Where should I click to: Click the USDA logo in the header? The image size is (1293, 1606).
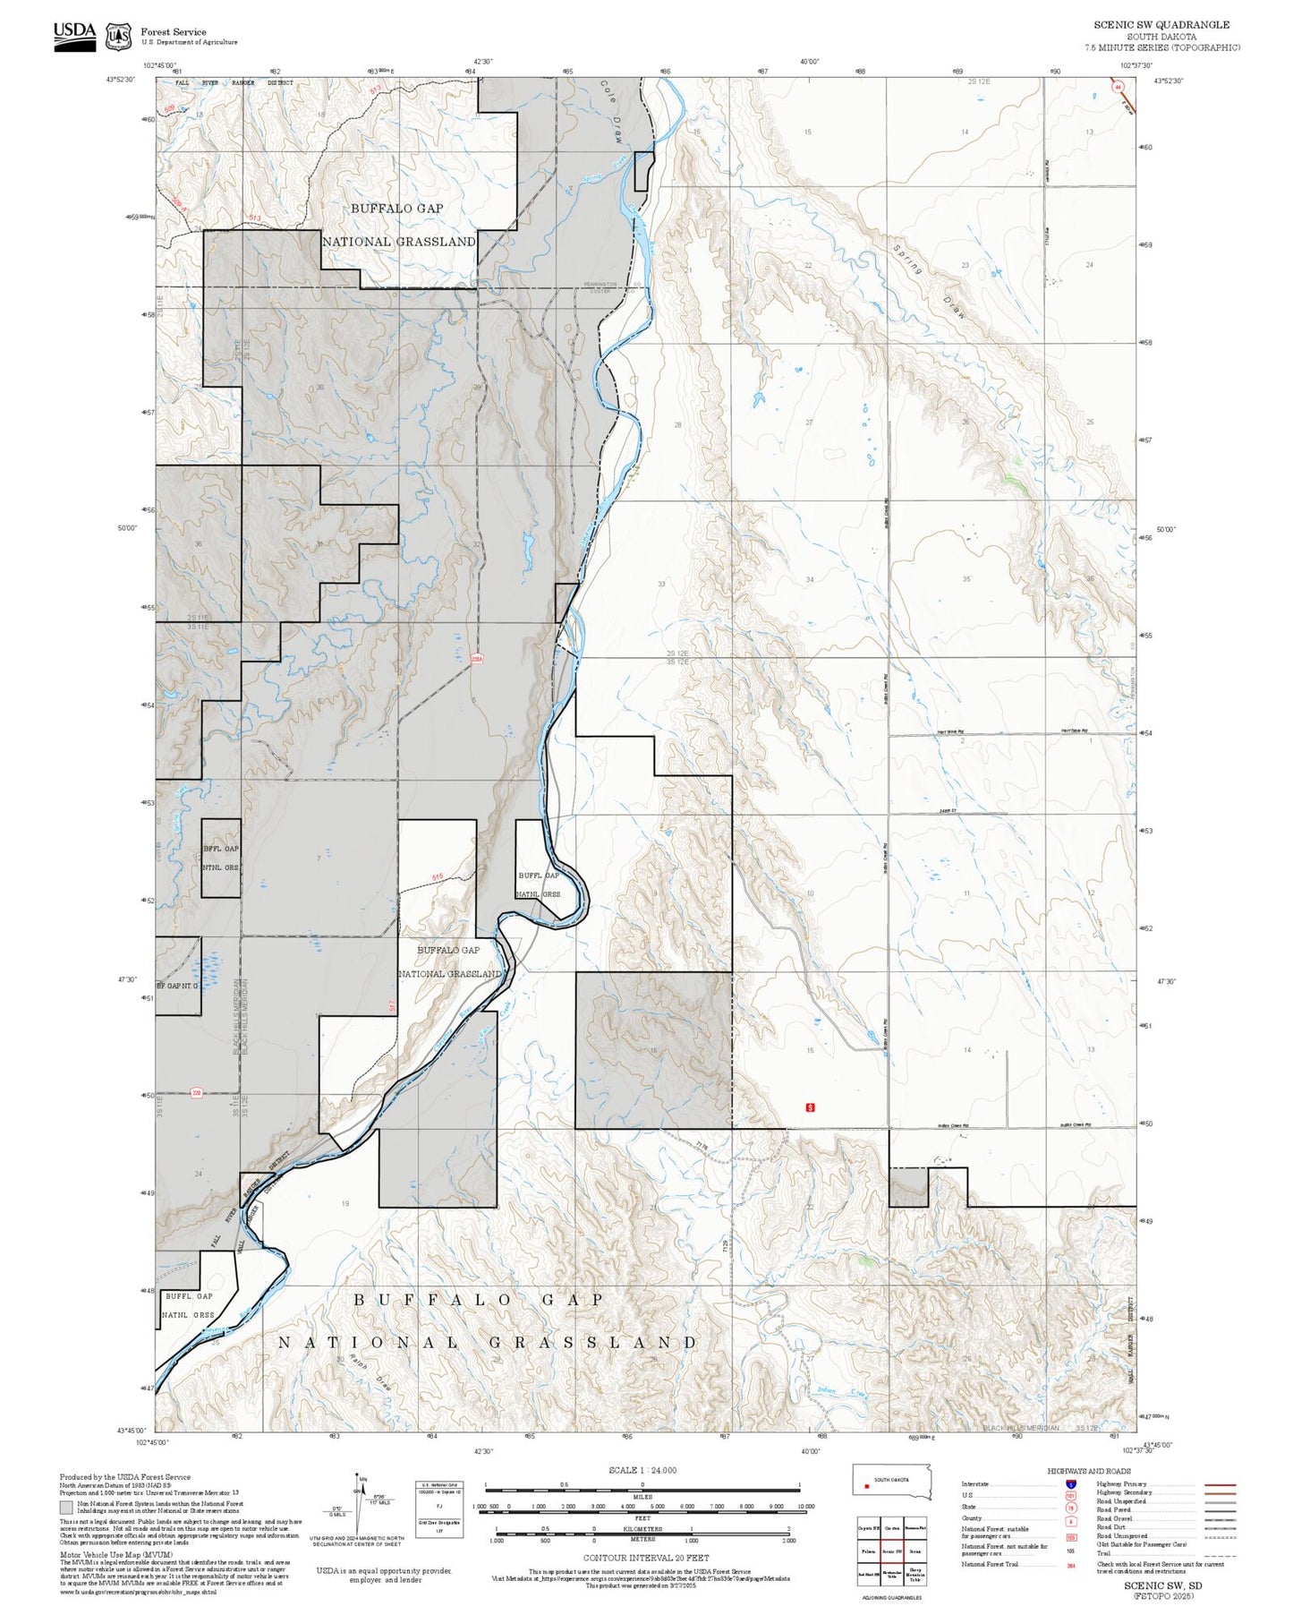(74, 36)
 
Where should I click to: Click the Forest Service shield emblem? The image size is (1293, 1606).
(118, 37)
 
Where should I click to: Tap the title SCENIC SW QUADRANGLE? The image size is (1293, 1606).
(1161, 25)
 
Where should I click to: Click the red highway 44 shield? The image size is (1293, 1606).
(1118, 88)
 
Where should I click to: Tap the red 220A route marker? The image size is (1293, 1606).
(477, 659)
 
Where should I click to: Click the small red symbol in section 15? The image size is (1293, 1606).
(811, 1107)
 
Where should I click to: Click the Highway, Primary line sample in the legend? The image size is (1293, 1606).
(1221, 1483)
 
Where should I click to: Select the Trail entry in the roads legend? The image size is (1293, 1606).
(1103, 1553)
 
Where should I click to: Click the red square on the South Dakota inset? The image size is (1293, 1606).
(867, 1487)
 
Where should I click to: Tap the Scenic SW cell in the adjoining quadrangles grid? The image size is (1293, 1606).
(892, 1550)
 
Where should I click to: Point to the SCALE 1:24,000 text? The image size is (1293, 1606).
(642, 1470)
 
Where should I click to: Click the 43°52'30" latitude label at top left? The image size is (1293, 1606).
(120, 80)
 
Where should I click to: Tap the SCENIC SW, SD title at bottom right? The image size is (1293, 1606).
(1162, 1585)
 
